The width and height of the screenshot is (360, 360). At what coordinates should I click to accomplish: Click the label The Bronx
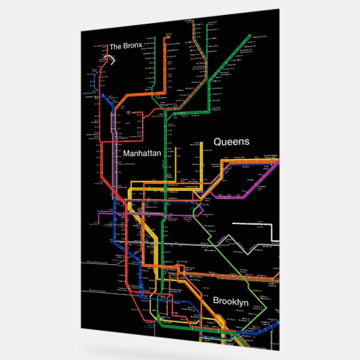(130, 47)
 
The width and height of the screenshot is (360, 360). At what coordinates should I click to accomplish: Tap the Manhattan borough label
(143, 154)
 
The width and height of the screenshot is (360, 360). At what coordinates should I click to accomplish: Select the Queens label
(232, 142)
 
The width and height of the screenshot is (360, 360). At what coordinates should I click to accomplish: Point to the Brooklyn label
(231, 301)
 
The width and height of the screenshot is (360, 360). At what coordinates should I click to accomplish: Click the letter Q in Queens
(218, 142)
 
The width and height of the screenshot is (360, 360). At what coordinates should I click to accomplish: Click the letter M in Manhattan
(127, 154)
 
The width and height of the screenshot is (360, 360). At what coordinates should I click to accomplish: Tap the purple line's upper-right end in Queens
(278, 162)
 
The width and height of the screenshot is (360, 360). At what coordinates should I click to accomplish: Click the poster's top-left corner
(81, 31)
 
